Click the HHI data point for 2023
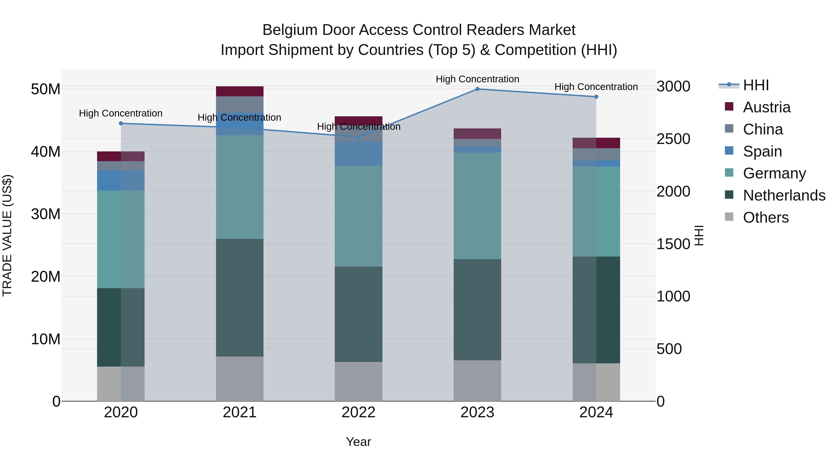pos(477,89)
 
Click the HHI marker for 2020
pos(121,124)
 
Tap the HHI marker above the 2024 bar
pos(596,97)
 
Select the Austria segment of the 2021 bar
pos(240,91)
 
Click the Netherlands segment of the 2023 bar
pos(477,309)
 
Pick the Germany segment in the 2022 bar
pos(358,216)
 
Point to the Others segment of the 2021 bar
pos(240,379)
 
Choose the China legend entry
pos(763,129)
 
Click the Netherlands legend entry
pos(784,195)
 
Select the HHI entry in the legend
pos(756,85)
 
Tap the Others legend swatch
pos(729,217)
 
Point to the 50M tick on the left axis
pos(46,89)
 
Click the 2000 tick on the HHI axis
pos(673,191)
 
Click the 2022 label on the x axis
pos(358,412)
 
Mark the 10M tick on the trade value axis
pos(46,339)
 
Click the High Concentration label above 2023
pos(477,79)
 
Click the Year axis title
pos(358,442)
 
